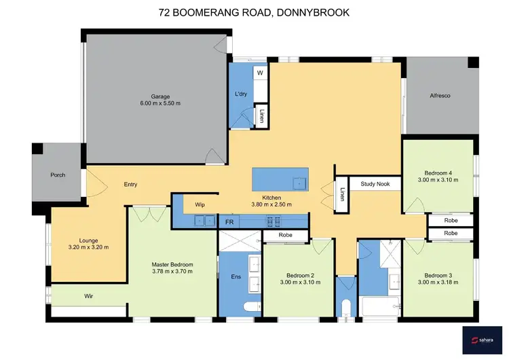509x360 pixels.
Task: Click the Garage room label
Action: click(x=160, y=96)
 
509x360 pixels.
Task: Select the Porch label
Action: click(x=58, y=175)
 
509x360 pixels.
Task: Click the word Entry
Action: click(x=131, y=185)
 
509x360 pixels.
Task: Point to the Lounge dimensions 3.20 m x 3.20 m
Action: click(x=89, y=247)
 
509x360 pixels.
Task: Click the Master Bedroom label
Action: click(x=172, y=264)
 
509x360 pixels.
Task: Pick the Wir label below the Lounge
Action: click(x=88, y=296)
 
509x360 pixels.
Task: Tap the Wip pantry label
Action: click(x=200, y=204)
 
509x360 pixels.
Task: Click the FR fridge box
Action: click(x=229, y=221)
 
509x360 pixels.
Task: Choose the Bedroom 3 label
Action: click(x=438, y=275)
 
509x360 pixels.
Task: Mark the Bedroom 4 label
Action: click(x=438, y=173)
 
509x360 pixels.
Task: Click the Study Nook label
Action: click(x=375, y=183)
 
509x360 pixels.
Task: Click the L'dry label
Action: click(x=240, y=93)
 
